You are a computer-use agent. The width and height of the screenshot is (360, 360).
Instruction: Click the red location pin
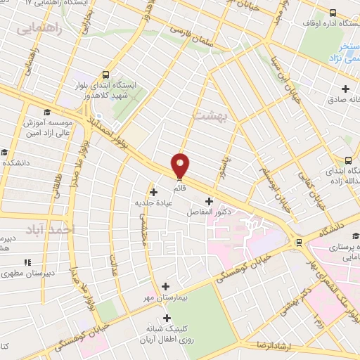click(181, 165)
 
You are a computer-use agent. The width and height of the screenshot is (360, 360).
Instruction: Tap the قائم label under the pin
click(181, 188)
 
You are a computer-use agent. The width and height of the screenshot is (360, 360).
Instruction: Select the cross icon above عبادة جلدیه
click(154, 191)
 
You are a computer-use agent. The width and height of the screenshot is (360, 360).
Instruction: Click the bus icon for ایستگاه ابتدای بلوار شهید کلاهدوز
click(106, 75)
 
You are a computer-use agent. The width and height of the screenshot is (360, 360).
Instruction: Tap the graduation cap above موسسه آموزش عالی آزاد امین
click(47, 112)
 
